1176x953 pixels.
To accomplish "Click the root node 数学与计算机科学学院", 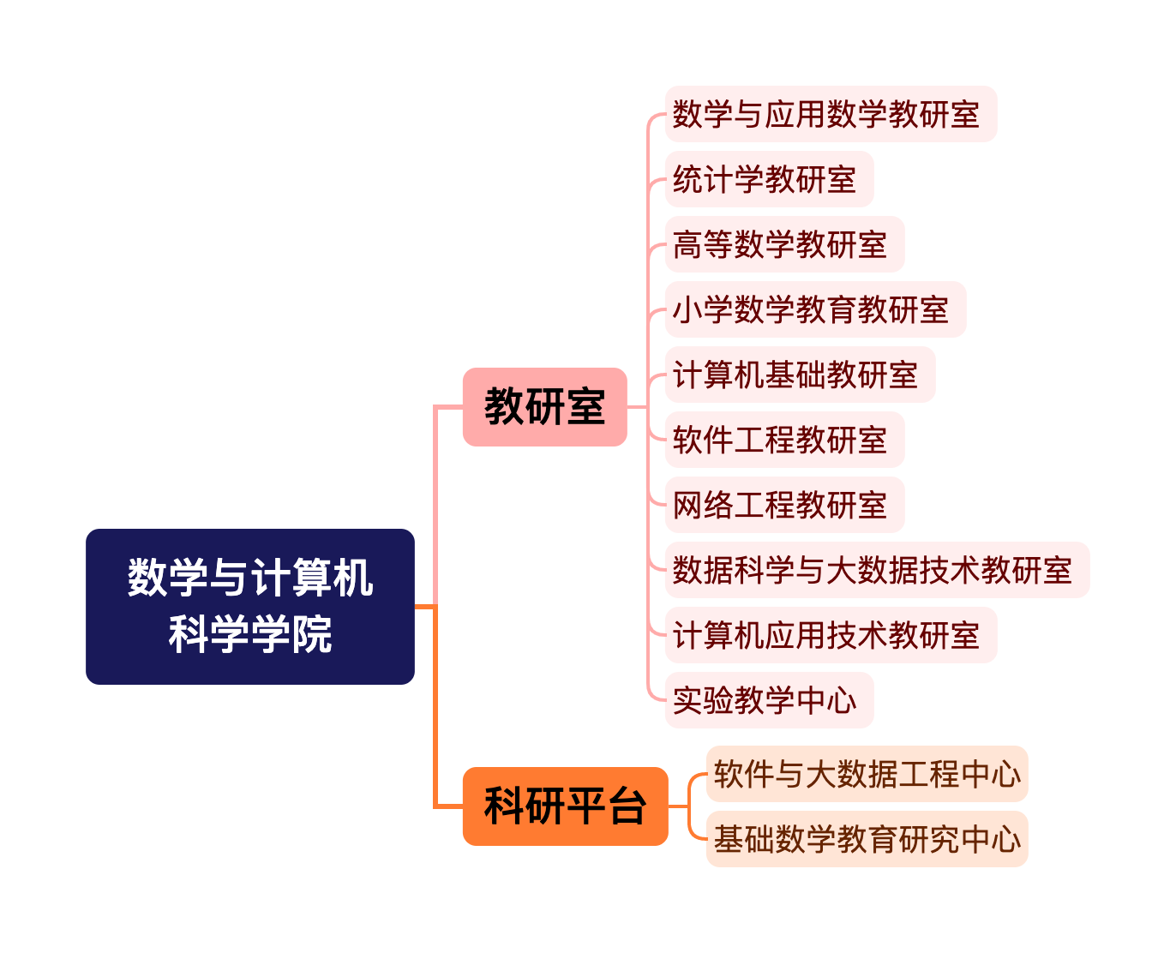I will tap(249, 606).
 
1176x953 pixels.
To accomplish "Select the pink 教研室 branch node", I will tap(544, 406).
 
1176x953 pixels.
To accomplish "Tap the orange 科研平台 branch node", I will tap(565, 806).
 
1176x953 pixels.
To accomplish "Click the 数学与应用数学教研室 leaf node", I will tap(830, 114).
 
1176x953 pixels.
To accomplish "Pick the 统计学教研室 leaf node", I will tap(768, 179).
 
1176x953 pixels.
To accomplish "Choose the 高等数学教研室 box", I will tap(783, 244).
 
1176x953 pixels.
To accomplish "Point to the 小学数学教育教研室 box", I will tap(814, 309).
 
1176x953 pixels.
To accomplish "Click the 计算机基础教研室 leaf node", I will tap(799, 375).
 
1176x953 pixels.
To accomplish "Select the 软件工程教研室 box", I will tap(783, 440).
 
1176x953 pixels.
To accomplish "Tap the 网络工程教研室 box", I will tap(783, 505).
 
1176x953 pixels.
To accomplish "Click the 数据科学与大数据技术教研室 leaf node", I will tap(876, 570).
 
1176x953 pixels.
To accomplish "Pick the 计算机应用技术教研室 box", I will tap(830, 635).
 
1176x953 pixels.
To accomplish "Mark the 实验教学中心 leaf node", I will tap(768, 700).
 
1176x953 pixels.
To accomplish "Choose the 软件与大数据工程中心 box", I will tap(866, 774).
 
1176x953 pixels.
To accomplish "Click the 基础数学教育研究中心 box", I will tap(866, 839).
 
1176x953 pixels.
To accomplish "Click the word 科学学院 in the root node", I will tap(249, 635).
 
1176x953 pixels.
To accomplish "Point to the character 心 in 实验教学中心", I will tap(842, 701).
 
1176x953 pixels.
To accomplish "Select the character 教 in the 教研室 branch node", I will tap(504, 406).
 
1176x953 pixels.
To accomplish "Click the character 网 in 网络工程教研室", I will tap(687, 506).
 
